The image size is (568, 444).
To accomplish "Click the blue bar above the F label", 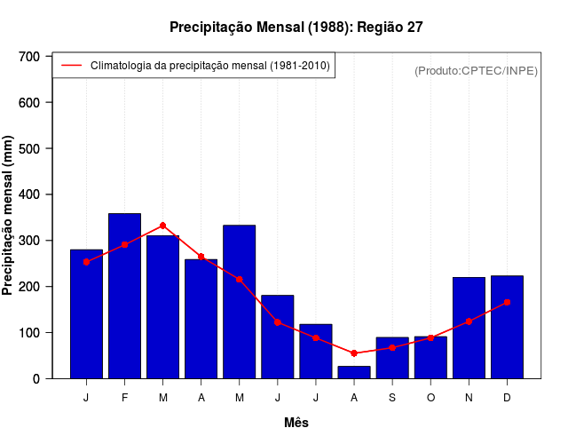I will click(x=124, y=296).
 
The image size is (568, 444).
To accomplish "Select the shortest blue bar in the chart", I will click(x=354, y=372).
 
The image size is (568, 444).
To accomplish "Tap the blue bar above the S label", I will click(x=392, y=358).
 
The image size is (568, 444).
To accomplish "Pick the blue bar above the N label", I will click(x=469, y=328).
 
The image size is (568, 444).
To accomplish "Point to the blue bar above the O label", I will click(x=430, y=358).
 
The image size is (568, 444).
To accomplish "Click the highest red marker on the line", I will click(x=162, y=226).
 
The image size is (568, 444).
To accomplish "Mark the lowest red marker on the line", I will click(x=354, y=353).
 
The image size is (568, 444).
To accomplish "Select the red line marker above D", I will click(x=507, y=303).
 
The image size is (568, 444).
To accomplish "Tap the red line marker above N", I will click(x=469, y=321).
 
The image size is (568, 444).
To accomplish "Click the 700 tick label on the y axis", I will click(x=30, y=57).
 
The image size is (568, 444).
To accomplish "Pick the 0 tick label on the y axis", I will click(x=36, y=379).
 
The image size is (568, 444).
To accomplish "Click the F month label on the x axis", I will click(x=124, y=398).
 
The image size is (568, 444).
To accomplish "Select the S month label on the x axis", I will click(x=392, y=398).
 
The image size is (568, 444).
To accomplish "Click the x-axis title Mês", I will click(x=296, y=423).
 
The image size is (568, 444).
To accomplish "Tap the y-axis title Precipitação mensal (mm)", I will click(x=9, y=216).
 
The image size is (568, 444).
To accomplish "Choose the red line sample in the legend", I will click(x=72, y=66).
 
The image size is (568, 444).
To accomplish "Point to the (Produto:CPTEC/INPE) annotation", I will click(x=476, y=70).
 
